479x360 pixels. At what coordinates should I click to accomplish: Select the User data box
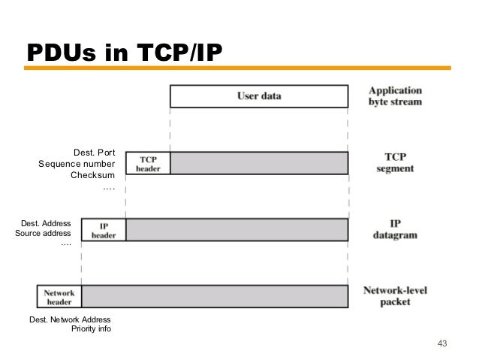point(259,95)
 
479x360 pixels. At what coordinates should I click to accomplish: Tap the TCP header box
point(148,163)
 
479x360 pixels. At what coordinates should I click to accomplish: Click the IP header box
point(104,229)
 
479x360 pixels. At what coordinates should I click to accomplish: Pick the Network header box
point(59,296)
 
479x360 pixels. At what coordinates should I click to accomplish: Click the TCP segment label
point(394,163)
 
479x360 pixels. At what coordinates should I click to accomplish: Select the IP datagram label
point(394,229)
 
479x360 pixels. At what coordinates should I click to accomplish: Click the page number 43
point(441,343)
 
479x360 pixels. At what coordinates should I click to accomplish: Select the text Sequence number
point(77,164)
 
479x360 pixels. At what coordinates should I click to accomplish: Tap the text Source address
point(44,234)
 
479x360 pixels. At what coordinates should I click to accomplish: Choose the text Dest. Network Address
point(70,320)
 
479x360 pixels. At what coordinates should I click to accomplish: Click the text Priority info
point(91,329)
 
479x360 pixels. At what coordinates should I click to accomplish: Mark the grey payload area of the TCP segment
point(259,163)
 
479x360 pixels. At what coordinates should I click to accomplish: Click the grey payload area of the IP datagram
point(236,229)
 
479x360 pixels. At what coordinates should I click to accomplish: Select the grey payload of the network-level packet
point(215,296)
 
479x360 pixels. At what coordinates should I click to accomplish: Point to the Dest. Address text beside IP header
point(46,223)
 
